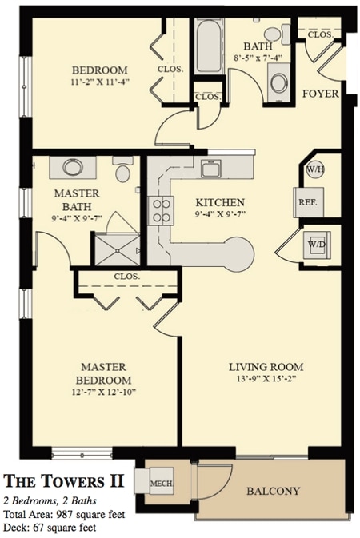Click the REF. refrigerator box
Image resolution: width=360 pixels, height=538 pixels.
click(x=308, y=202)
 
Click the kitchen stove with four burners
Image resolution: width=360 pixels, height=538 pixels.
click(x=162, y=211)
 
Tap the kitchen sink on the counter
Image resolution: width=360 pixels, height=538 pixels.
click(x=211, y=169)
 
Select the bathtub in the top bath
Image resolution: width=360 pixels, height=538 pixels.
click(x=210, y=46)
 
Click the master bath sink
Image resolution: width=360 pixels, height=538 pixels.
click(x=73, y=168)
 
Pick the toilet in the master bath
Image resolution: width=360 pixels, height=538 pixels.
click(x=122, y=171)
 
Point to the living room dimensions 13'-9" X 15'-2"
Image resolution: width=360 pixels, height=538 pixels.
click(x=266, y=382)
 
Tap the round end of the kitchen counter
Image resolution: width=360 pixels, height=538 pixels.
click(x=238, y=256)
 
